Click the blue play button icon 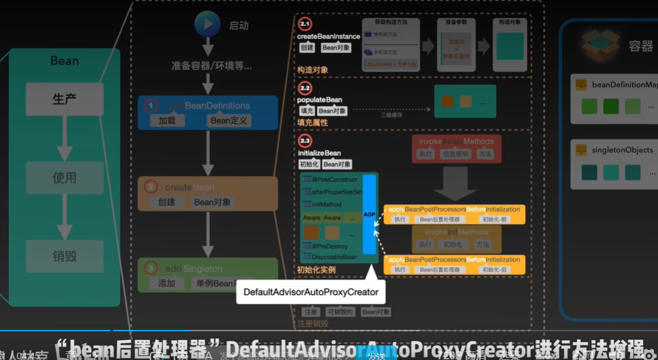207,24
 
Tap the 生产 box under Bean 65,99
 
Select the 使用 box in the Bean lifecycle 65,178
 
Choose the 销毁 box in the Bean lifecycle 65,256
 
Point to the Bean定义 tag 229,120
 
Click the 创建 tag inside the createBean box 167,202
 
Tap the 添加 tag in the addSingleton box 167,284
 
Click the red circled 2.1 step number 305,24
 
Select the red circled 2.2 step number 305,88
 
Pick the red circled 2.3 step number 305,141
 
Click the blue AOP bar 369,214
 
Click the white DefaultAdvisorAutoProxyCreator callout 311,292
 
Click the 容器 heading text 641,46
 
